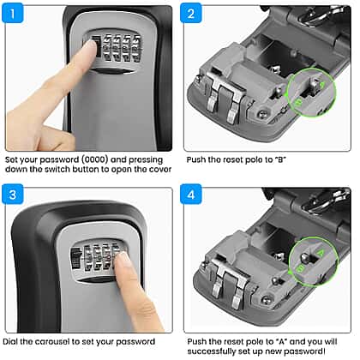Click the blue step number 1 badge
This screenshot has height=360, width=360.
(12, 14)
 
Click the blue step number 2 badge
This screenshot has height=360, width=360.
(191, 14)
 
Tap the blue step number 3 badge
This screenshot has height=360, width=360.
(12, 195)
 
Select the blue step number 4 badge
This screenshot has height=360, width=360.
(191, 195)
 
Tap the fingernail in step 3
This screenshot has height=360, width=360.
(123, 258)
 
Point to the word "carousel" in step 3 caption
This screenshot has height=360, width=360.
(51, 342)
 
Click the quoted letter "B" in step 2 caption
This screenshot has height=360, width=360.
(280, 159)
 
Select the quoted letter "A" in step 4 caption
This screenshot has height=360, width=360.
(282, 342)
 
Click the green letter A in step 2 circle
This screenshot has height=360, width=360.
(322, 85)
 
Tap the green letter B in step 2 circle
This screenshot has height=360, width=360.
(298, 103)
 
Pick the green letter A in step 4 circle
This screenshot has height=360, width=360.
(321, 253)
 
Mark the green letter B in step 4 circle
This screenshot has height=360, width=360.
(300, 269)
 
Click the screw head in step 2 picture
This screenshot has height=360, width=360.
(261, 114)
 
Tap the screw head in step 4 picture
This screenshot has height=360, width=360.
(266, 299)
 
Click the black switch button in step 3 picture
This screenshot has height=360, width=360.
(75, 259)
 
